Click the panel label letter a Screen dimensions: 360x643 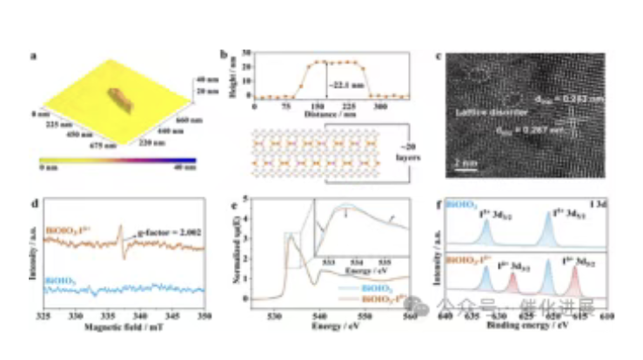(32, 57)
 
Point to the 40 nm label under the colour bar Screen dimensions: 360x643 (185, 170)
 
